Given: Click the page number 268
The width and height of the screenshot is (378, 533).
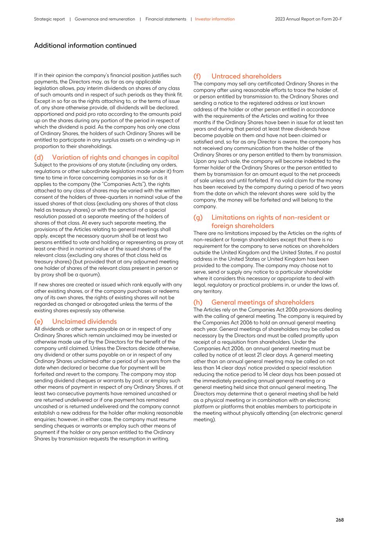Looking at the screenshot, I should (339, 520).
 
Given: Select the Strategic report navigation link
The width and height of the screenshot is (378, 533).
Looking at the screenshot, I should (49, 19).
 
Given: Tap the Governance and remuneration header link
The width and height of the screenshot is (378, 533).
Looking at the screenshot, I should (104, 19).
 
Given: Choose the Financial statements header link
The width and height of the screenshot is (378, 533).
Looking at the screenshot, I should (166, 19).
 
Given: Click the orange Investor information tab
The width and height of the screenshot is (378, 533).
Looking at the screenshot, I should (215, 19).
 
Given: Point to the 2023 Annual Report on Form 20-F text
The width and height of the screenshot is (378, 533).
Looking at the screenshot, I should (308, 19).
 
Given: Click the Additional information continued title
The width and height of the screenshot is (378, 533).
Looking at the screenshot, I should (85, 46).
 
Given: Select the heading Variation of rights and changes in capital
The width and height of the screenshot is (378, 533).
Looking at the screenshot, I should (115, 157).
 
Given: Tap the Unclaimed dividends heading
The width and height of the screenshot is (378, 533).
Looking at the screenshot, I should (84, 321).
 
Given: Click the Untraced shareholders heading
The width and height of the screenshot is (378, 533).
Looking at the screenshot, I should (246, 76).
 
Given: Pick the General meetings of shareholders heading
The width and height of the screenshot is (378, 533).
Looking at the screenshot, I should (263, 302).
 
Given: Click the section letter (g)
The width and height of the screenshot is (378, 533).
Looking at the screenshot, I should (198, 217).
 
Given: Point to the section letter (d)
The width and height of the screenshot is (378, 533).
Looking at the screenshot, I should (39, 157).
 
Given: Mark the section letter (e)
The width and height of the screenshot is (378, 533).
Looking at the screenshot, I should (39, 321).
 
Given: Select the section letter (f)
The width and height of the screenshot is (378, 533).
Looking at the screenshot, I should (198, 76).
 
